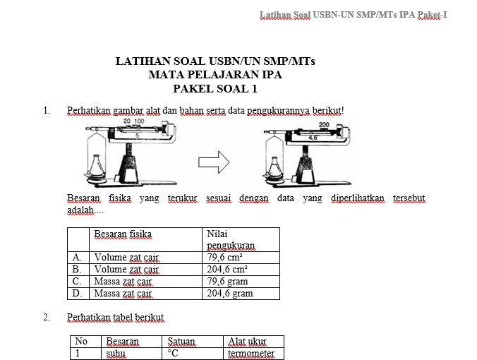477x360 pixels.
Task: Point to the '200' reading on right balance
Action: [x=325, y=125]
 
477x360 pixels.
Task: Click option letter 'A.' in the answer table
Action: [x=78, y=258]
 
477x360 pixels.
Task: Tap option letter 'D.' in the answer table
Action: [x=78, y=294]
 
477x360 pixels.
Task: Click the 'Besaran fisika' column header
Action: [x=123, y=234]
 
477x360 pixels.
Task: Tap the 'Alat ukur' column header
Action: [x=247, y=342]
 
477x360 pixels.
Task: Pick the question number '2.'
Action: [x=47, y=318]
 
